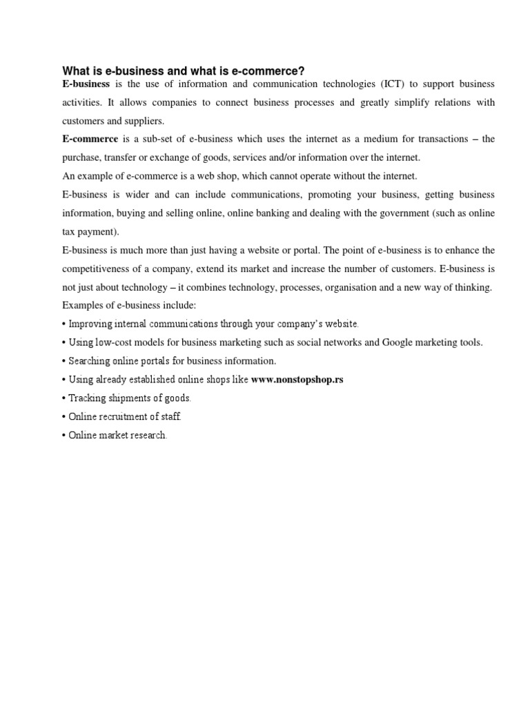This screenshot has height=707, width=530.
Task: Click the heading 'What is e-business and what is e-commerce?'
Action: tap(184, 71)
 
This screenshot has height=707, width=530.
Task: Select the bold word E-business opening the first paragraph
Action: tap(86, 84)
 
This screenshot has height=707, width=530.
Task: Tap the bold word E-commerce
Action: tap(90, 139)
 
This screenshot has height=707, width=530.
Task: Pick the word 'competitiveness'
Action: tap(96, 269)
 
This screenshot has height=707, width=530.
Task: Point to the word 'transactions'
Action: tap(431, 139)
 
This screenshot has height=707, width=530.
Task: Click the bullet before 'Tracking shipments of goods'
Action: tap(63, 398)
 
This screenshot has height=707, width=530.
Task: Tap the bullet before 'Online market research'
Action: tap(63, 436)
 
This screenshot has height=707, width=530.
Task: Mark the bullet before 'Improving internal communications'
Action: tap(63, 324)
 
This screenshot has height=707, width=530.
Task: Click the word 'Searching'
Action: tap(90, 360)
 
